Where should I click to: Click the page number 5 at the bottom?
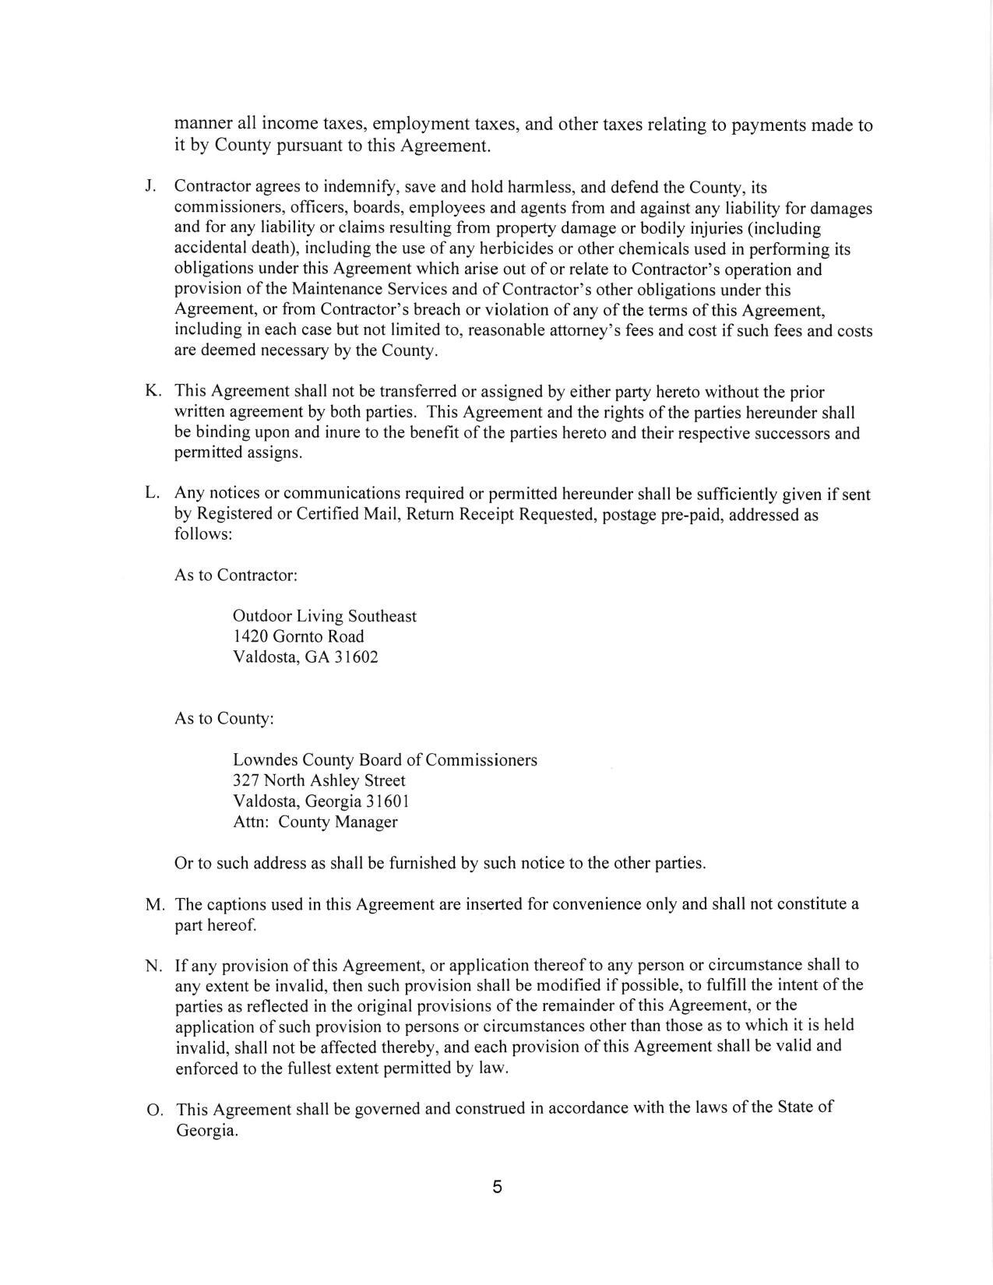point(497,1188)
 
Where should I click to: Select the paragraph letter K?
point(152,391)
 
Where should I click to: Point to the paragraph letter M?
point(154,905)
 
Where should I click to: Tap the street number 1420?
point(251,636)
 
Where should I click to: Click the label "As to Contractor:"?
point(236,576)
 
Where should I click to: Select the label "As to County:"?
point(224,718)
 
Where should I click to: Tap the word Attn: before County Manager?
point(252,822)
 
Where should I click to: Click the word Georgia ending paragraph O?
point(206,1131)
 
